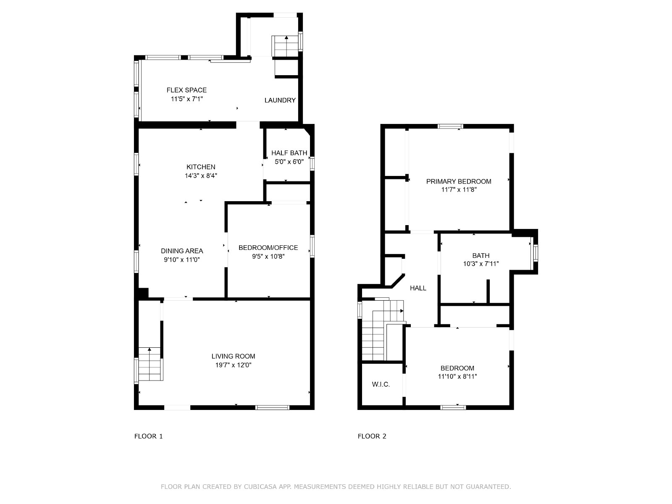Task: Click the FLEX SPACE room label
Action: point(186,90)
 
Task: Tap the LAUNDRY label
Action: point(280,100)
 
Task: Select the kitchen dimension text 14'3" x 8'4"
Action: point(201,176)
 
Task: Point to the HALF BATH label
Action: point(289,153)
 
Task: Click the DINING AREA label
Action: point(182,251)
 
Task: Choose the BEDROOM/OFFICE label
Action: point(268,247)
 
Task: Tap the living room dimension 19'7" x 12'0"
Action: point(233,365)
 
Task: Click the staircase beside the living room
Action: point(150,364)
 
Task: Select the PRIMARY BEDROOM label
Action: point(459,181)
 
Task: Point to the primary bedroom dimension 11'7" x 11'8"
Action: point(459,190)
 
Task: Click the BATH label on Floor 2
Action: point(480,255)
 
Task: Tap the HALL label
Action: point(418,288)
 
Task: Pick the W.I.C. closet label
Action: point(381,384)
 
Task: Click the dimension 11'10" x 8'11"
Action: point(457,376)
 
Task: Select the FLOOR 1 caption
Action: point(149,436)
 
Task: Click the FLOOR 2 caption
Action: point(372,436)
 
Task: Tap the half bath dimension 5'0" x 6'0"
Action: point(289,162)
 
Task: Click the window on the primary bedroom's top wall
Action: point(450,126)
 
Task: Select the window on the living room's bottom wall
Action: point(272,407)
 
